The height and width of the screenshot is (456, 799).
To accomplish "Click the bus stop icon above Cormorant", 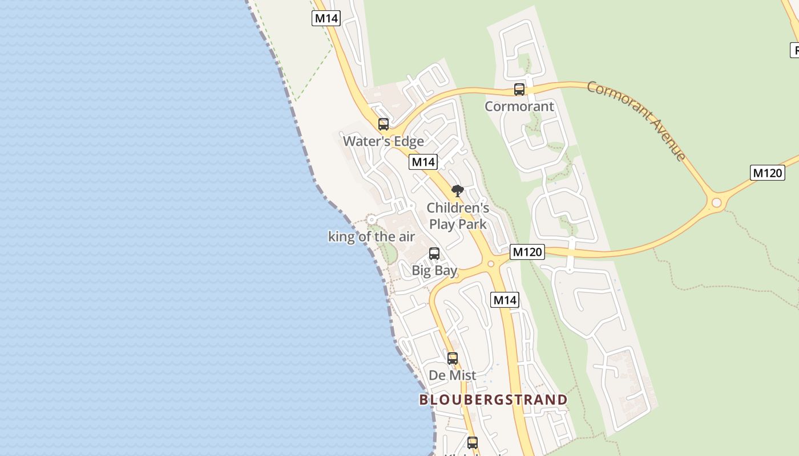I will [519, 89].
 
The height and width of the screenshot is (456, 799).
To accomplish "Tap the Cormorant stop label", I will [519, 106].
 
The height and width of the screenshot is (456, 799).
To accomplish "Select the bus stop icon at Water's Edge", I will [383, 124].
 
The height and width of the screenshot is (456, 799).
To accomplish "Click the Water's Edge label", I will [383, 141].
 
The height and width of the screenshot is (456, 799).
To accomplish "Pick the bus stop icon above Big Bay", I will [434, 253].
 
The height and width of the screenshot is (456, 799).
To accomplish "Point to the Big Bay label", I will [434, 270].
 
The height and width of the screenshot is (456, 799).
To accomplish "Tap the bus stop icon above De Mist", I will [452, 358].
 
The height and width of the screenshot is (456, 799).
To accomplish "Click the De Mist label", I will [452, 375].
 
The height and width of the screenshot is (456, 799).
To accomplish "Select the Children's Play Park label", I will [458, 215].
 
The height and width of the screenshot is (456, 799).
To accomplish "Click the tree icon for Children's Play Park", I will [457, 190].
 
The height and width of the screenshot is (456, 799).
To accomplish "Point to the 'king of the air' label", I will [371, 237].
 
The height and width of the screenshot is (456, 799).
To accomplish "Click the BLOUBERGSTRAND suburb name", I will [493, 400].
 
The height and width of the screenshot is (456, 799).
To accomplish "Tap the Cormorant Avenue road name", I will [636, 121].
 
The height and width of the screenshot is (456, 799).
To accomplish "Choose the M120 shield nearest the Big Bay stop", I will [527, 251].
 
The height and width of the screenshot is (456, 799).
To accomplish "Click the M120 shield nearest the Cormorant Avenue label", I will [767, 172].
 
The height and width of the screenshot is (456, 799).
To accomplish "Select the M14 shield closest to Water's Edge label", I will [423, 162].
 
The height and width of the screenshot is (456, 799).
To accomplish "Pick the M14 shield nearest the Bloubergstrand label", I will [505, 299].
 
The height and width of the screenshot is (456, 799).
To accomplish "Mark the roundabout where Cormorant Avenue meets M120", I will [716, 202].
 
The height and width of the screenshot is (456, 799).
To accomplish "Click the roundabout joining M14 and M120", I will [490, 263].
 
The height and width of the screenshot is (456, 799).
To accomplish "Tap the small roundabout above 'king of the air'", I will [372, 219].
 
